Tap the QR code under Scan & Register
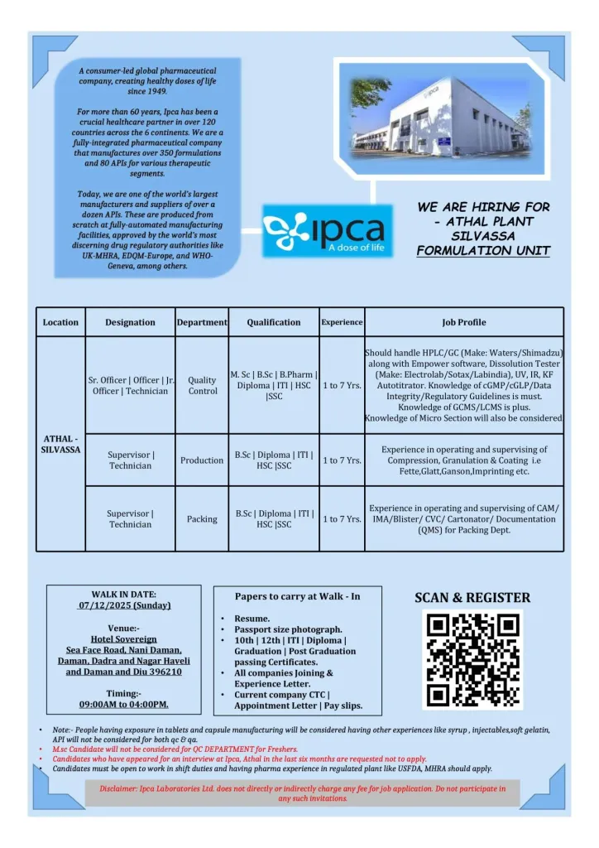[x=472, y=659]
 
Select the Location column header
[x=60, y=322]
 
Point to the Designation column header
[x=130, y=322]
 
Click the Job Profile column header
[x=463, y=322]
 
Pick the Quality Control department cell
[x=202, y=385]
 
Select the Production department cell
[x=202, y=460]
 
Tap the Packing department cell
[x=202, y=519]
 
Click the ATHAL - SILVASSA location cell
[x=60, y=444]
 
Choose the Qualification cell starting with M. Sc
[x=273, y=385]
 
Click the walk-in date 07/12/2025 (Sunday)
[x=123, y=605]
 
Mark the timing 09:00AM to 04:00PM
[x=123, y=704]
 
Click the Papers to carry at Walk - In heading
[x=297, y=595]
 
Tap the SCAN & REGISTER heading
[x=472, y=597]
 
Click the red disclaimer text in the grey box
[x=302, y=793]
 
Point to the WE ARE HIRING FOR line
[x=483, y=206]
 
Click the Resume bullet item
[x=252, y=619]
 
